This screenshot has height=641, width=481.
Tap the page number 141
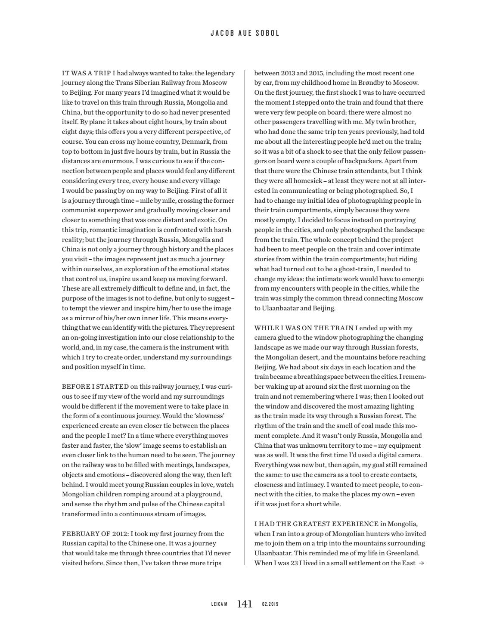point(244,604)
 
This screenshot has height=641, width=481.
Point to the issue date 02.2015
point(270,604)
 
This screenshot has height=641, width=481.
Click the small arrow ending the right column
point(422,563)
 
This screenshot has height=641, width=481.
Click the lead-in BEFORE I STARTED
point(95,387)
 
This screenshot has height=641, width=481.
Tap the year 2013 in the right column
point(289,73)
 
